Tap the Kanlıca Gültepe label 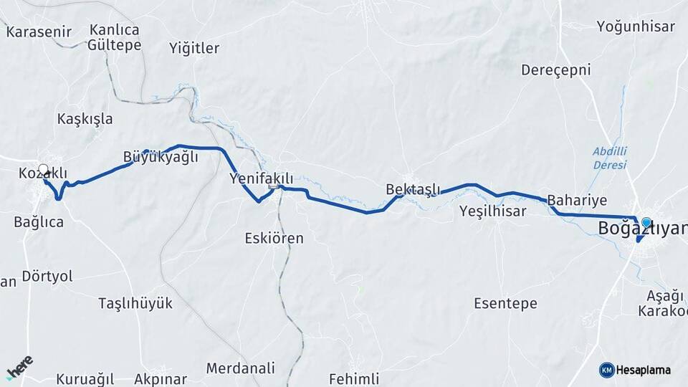pyautogui.click(x=114, y=37)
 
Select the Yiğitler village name pyautogui.click(x=194, y=48)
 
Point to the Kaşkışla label pyautogui.click(x=85, y=119)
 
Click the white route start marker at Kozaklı pyautogui.click(x=43, y=171)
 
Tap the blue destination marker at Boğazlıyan pyautogui.click(x=646, y=223)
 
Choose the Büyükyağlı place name pyautogui.click(x=161, y=158)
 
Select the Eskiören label pyautogui.click(x=274, y=238)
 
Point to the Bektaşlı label pyautogui.click(x=413, y=189)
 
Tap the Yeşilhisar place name pyautogui.click(x=492, y=211)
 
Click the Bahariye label pyautogui.click(x=577, y=200)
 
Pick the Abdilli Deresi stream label pyautogui.click(x=610, y=158)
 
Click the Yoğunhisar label pyautogui.click(x=636, y=27)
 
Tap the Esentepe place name pyautogui.click(x=505, y=304)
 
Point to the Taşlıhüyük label pyautogui.click(x=135, y=303)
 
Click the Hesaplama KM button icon pyautogui.click(x=607, y=370)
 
